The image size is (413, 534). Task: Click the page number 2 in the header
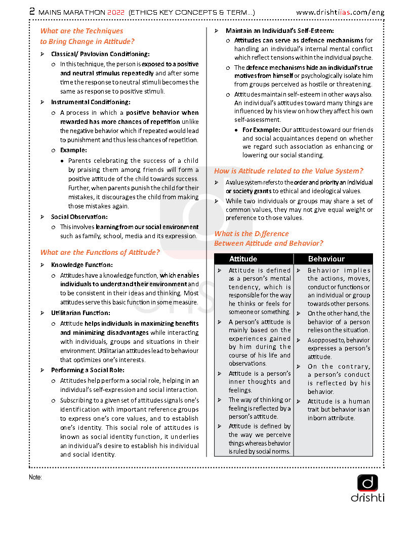tap(32, 12)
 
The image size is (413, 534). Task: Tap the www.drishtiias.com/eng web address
tap(340, 12)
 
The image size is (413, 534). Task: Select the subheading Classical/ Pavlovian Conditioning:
tap(100, 54)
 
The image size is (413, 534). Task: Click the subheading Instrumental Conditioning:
tap(90, 102)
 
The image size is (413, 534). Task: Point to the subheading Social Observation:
tap(79, 216)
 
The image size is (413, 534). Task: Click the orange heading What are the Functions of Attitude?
tap(100, 252)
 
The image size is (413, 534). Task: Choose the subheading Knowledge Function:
tap(82, 264)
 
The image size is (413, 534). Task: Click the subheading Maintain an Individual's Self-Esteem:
tap(280, 30)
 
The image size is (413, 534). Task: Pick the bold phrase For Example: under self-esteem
tap(261, 129)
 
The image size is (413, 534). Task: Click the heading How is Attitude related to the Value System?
tap(288, 171)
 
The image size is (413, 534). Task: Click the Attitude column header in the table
tap(243, 259)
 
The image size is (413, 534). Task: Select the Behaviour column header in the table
tap(326, 259)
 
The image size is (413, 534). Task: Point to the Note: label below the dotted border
tap(35, 477)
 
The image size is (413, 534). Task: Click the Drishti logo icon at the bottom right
tap(367, 483)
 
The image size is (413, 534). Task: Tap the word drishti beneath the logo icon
tap(367, 498)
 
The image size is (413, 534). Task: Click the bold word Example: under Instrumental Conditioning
tap(73, 150)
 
